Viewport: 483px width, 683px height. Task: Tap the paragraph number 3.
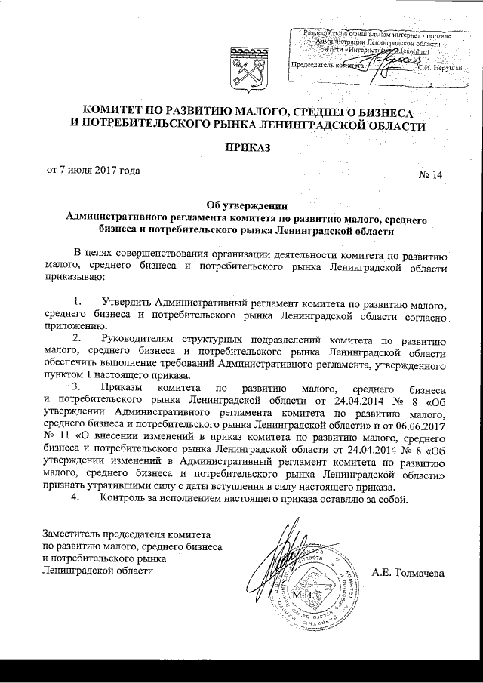point(76,388)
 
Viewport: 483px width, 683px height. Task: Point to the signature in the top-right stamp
point(392,60)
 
